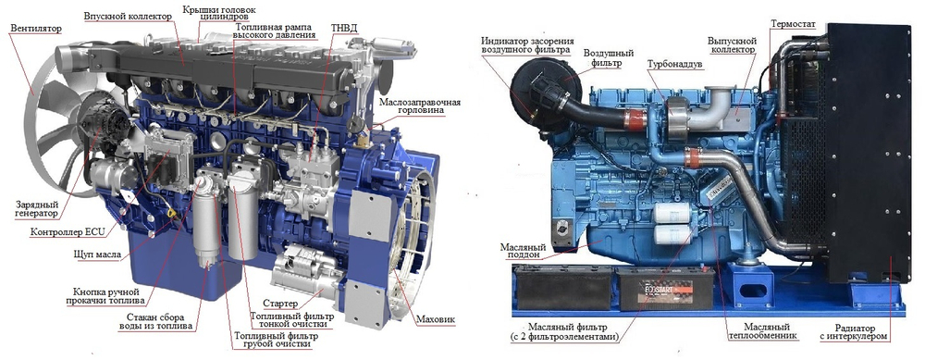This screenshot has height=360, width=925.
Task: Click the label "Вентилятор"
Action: tap(36, 28)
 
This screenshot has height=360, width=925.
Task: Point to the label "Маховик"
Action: tap(436, 320)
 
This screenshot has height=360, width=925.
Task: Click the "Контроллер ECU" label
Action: tap(68, 232)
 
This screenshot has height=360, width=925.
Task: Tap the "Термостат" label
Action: tap(793, 24)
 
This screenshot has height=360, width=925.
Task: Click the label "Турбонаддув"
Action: tap(675, 64)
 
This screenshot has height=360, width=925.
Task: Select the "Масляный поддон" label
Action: tap(522, 252)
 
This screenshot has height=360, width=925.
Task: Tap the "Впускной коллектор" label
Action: tap(128, 16)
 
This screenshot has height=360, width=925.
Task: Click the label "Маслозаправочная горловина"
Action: tap(419, 106)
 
